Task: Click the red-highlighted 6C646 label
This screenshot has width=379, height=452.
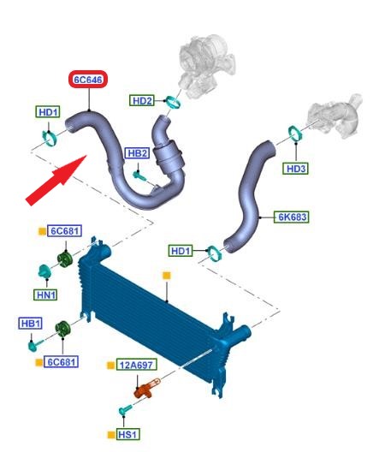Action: [x=88, y=80]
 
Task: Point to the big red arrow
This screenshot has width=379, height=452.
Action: [x=56, y=180]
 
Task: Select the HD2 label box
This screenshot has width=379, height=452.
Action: [x=142, y=101]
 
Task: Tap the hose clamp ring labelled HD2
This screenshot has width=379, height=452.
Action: [x=174, y=103]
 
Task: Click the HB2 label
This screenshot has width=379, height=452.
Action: [x=138, y=153]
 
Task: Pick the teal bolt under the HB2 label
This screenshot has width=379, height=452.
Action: [x=139, y=175]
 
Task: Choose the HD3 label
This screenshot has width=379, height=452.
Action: [x=296, y=169]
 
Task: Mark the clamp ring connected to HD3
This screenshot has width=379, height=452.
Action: [x=295, y=134]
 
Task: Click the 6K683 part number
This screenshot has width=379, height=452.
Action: [x=292, y=217]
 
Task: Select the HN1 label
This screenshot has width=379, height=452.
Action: [x=46, y=294]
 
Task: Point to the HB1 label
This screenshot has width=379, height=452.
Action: [x=31, y=323]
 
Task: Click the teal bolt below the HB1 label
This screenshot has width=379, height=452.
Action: [x=35, y=344]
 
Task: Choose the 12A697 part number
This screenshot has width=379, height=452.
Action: [x=137, y=365]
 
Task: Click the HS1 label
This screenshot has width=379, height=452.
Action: [x=127, y=434]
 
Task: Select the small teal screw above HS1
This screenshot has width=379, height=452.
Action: [x=125, y=410]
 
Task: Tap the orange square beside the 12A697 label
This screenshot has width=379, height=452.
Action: [x=111, y=366]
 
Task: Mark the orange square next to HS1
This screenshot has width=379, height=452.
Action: [x=111, y=435]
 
